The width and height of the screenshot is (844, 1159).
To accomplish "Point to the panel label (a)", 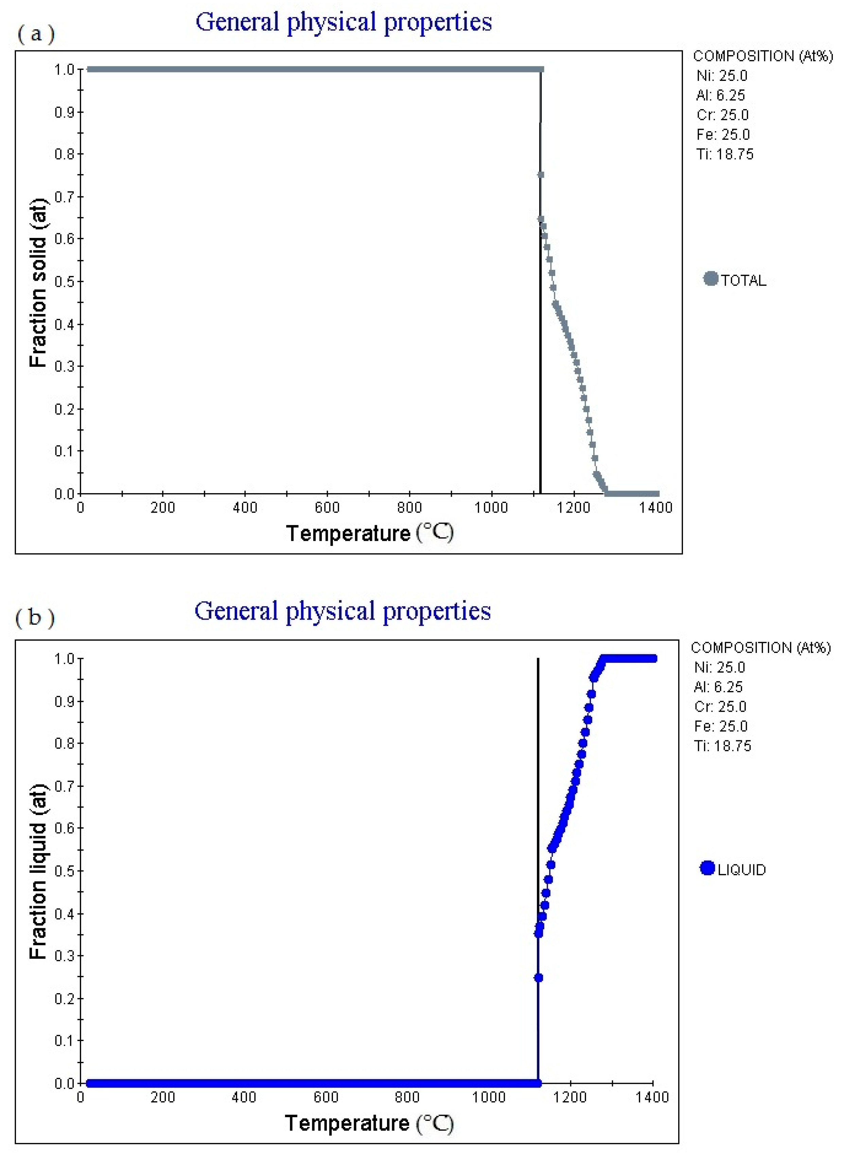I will click(x=36, y=34).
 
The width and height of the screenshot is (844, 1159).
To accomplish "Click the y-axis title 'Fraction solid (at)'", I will click(x=38, y=282).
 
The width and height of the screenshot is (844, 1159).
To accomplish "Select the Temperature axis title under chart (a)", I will click(x=369, y=534).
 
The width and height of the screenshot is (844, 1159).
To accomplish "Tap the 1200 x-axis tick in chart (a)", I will click(x=574, y=507).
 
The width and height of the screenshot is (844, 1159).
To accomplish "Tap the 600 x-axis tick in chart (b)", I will click(x=326, y=1097).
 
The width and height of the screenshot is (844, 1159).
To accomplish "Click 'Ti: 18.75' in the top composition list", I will click(x=724, y=154).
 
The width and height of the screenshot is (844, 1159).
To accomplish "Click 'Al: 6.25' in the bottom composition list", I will click(x=718, y=687).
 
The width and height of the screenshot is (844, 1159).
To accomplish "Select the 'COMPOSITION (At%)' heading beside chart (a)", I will click(x=762, y=56).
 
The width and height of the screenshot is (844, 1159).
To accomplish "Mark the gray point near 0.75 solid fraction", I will click(x=541, y=175).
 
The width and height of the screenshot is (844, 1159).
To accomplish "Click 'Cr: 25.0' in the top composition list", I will click(x=722, y=115).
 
